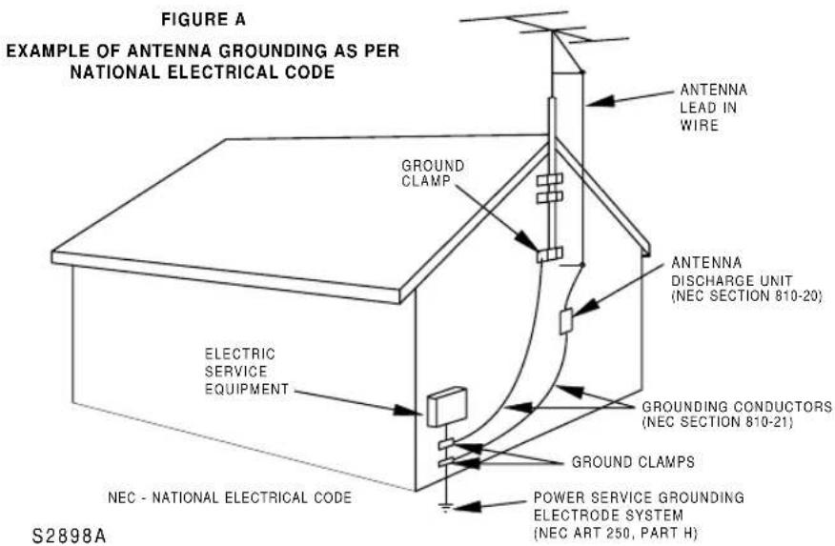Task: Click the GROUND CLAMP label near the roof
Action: point(433,173)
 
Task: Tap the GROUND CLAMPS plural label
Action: point(632,462)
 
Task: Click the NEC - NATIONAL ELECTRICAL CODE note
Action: point(229,497)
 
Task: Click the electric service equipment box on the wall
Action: point(446,407)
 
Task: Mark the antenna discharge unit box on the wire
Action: point(566,321)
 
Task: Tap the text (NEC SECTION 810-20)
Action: point(745,295)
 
